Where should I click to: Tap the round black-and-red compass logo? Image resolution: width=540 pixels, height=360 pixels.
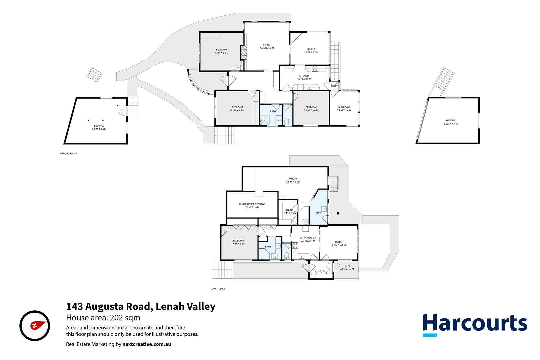coord(35,326)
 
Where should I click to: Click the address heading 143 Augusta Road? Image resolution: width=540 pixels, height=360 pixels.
coord(140,306)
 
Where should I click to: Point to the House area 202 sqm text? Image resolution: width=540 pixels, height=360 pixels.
coord(103,318)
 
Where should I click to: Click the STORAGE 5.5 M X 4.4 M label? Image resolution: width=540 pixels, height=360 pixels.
coord(99,127)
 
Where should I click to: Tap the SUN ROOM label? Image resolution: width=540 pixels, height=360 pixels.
coord(344,109)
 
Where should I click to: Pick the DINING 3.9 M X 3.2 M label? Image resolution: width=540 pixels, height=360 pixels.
coord(311,51)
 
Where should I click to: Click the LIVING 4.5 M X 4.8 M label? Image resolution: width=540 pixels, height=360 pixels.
coord(267,46)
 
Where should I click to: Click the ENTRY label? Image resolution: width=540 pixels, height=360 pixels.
coord(334,86)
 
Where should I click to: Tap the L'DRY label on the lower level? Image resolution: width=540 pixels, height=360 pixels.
coord(317,213)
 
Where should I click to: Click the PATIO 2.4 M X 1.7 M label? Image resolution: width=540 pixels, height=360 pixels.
coord(347,267)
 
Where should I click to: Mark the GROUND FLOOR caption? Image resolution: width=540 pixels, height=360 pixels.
coord(68,154)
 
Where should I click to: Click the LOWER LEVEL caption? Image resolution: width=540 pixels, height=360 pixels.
coord(218,289)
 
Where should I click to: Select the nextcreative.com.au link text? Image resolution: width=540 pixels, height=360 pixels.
coord(147,344)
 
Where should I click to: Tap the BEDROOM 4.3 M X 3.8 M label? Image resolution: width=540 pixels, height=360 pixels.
coord(221,51)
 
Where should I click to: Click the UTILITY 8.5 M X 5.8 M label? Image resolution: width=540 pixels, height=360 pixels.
coord(293,180)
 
